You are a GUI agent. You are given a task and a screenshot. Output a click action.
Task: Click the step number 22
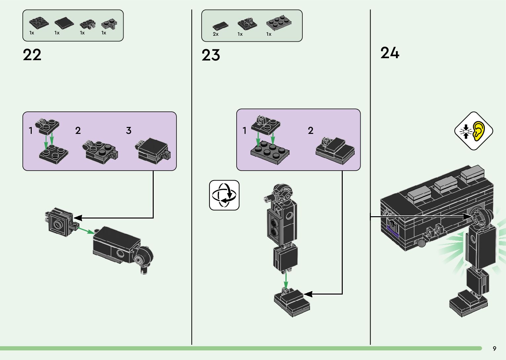coord(32,55)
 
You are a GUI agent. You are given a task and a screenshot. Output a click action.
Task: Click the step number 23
coord(211,55)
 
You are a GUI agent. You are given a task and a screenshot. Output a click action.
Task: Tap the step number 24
coord(390,53)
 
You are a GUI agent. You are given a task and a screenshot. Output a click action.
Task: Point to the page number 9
coord(494,349)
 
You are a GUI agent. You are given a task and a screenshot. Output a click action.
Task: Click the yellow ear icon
coord(479,131)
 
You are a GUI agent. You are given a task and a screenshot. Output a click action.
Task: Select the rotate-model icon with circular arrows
coord(224,195)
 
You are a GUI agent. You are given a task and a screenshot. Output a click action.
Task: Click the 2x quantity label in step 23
coord(215,34)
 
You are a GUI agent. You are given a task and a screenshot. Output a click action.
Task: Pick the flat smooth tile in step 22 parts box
coord(64,23)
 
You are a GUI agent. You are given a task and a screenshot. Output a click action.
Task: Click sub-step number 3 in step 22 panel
coord(129,131)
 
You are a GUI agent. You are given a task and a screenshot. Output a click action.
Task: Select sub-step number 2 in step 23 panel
coord(310,131)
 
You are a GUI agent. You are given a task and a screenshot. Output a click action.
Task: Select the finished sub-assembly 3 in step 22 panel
coord(153,150)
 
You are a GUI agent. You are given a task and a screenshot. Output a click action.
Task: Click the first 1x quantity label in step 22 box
coord(32,33)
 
